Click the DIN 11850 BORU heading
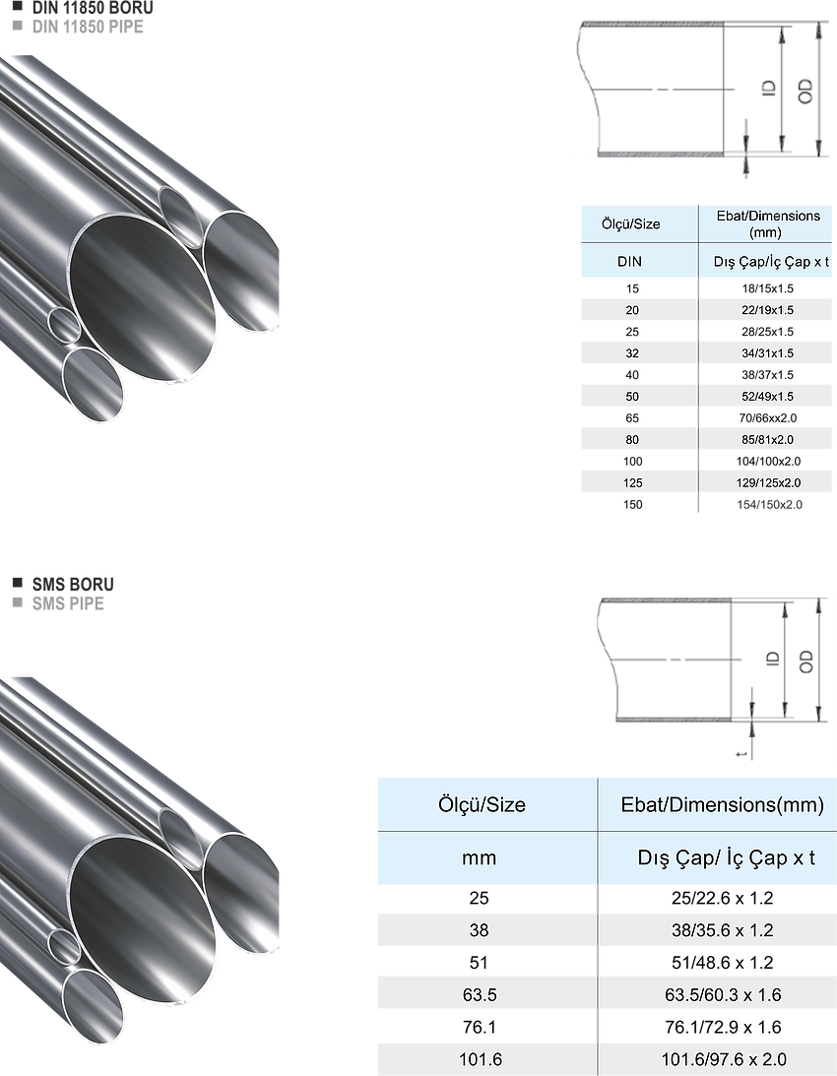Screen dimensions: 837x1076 tap(93, 8)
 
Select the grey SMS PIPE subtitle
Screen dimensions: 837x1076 tap(68, 603)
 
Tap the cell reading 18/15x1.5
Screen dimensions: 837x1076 tap(767, 288)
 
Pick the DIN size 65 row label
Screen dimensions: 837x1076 tap(632, 418)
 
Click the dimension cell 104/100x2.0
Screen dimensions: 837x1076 tap(768, 461)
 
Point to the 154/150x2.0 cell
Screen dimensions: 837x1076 tap(769, 504)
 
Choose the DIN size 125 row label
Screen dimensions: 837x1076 tap(633, 483)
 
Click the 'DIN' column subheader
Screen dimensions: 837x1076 tap(629, 262)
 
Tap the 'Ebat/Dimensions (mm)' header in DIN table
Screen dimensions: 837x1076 tap(768, 223)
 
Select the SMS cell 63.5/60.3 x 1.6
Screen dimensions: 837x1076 tap(723, 995)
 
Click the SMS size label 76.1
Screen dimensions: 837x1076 tap(480, 1028)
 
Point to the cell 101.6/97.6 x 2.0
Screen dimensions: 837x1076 tap(724, 1059)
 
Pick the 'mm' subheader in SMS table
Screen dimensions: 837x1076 tap(480, 857)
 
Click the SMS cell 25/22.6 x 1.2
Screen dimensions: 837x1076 tap(723, 898)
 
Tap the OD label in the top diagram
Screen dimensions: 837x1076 tap(805, 92)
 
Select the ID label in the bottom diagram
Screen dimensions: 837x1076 tap(772, 659)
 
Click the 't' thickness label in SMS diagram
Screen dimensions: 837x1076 tap(741, 755)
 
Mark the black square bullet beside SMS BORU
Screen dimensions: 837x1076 tap(18, 584)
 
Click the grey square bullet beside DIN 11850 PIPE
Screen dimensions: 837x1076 tap(18, 26)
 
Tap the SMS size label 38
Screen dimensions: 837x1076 tap(480, 930)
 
